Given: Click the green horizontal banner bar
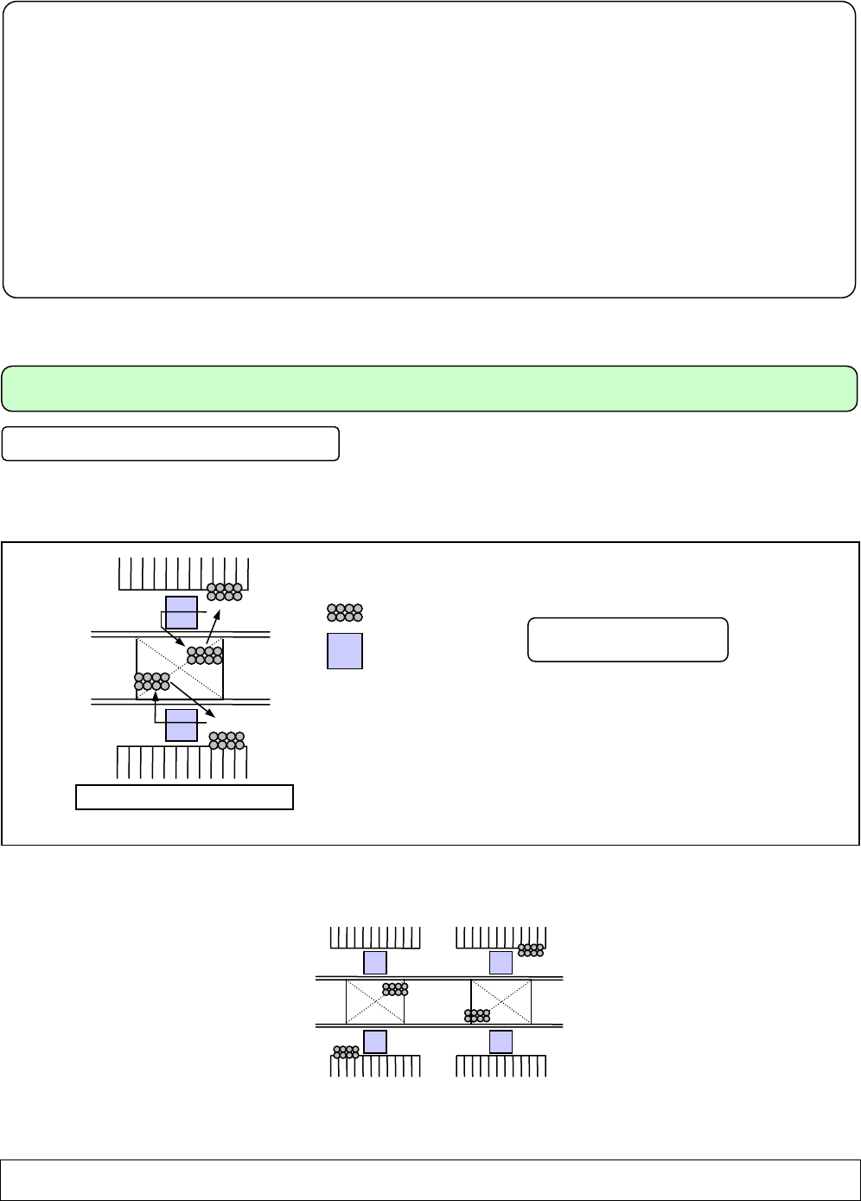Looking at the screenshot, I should (430, 388).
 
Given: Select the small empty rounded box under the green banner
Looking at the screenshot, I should (170, 443).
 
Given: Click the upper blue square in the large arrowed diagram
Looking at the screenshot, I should (182, 612).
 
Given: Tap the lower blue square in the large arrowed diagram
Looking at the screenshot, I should (182, 725).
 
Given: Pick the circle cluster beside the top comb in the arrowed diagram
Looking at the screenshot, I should (225, 592).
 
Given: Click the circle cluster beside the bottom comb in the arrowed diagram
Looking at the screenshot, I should (226, 740).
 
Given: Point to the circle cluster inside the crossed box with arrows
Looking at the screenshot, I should (205, 655).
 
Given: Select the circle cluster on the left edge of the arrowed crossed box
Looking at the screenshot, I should (152, 681).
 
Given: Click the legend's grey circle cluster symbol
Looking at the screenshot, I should (344, 613).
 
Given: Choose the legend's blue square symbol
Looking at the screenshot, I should (344, 651).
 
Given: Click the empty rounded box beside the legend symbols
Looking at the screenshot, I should (628, 640).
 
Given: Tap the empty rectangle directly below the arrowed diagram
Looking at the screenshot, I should (185, 796).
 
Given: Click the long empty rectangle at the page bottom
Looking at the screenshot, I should (430, 1179).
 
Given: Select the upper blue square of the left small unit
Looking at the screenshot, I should (374, 962).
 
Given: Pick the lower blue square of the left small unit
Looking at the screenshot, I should (374, 1042).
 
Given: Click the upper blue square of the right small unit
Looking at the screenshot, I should (501, 962).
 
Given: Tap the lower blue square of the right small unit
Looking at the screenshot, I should (501, 1042).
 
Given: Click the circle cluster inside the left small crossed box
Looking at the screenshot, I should (394, 989).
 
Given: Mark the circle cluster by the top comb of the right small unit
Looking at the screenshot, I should (531, 949).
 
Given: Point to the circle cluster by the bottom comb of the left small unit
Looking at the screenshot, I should (346, 1052).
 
